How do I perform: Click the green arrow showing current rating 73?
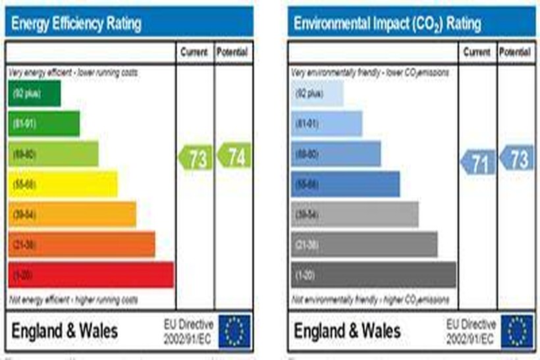click(x=196, y=158)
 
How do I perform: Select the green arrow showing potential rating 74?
click(x=234, y=157)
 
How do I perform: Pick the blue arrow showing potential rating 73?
click(x=516, y=159)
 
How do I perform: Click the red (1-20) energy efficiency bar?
click(x=91, y=274)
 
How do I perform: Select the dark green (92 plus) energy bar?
click(x=34, y=93)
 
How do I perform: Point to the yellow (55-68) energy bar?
click(x=63, y=184)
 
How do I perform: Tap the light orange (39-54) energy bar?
click(x=72, y=215)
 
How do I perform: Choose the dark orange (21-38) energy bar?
click(x=82, y=244)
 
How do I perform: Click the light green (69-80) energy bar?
click(x=53, y=154)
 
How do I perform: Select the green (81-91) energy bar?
click(x=43, y=124)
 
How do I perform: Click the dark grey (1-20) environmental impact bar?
click(x=373, y=274)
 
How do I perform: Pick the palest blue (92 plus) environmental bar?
click(x=317, y=93)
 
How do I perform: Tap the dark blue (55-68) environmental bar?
click(x=345, y=184)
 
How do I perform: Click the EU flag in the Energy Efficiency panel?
click(x=235, y=330)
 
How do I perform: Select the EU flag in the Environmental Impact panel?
click(x=517, y=330)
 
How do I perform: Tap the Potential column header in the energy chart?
click(x=233, y=52)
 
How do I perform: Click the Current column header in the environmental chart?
click(x=477, y=52)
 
